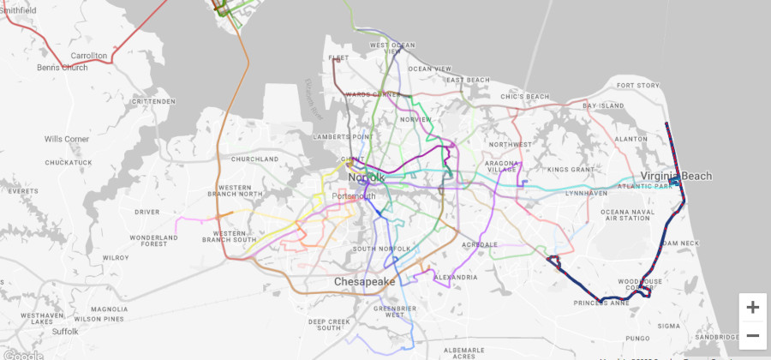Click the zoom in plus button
pos(752,308)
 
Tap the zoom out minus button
pos(752,335)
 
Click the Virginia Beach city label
pos(676,176)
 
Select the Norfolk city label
pos(367,177)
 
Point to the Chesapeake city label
pos(364,281)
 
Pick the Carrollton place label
pos(89,56)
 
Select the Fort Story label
pos(638,86)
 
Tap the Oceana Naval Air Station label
pos(628,215)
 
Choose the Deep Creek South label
pos(329,324)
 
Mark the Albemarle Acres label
pos(464,353)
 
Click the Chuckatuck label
pos(69,162)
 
